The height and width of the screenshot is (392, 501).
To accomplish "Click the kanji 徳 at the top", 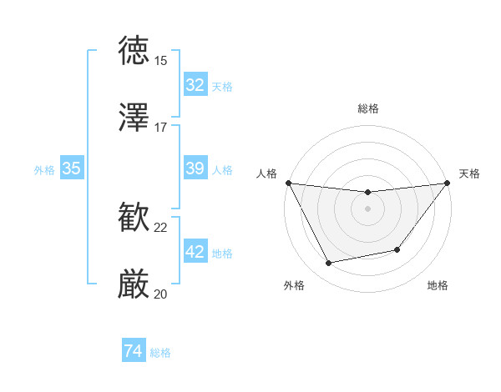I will coord(134,50).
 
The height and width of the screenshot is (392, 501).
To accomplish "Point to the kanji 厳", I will coord(134,284).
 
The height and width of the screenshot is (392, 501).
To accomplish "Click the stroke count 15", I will coord(161,60).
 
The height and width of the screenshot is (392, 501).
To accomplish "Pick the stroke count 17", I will coord(161,128).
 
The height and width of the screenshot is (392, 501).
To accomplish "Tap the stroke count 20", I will coord(161,294).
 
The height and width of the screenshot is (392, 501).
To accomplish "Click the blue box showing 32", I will coord(195,85).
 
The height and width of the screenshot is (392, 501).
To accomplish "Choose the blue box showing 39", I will coord(195,168).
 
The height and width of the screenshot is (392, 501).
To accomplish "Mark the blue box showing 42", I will coord(195,252).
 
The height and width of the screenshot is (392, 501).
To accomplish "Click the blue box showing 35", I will coord(72,168).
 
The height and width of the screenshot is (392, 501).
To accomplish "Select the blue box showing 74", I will coord(134,352).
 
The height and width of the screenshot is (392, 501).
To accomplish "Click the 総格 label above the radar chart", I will coord(367,108).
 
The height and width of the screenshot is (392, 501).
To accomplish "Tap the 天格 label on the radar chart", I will coord(469,173).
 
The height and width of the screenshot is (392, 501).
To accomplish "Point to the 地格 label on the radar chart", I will coord(438,285).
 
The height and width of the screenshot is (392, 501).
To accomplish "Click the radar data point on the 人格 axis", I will coord(289,183).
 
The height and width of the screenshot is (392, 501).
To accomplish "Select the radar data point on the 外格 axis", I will coord(329,264).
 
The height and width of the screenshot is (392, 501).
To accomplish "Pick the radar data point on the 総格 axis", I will coord(367,193).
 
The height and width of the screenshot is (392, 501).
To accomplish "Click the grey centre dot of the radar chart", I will coord(367,209).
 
